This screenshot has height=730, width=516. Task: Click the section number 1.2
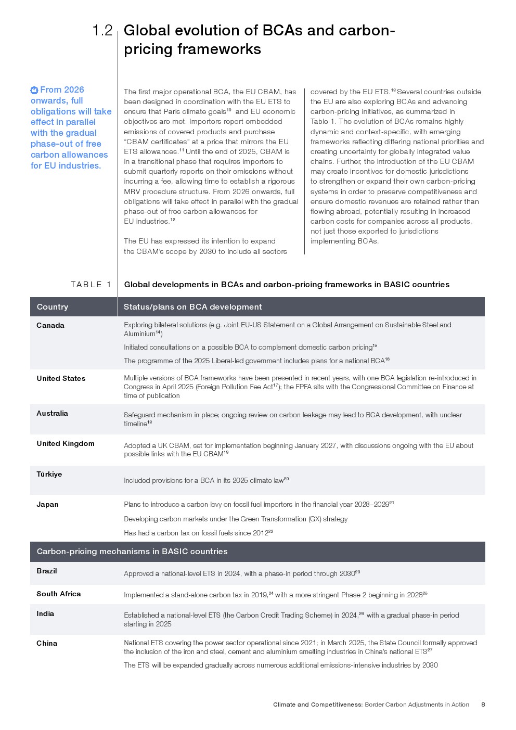[x=102, y=30]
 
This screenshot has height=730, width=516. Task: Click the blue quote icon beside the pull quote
[x=34, y=90]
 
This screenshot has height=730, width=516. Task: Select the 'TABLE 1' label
[x=91, y=285]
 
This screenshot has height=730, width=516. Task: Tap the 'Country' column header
[x=53, y=307]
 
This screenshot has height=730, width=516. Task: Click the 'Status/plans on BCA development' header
[x=192, y=307]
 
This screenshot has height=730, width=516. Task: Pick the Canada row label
[x=50, y=326]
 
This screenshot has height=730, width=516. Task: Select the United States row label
[x=61, y=379]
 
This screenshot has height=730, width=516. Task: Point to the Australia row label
[x=52, y=414]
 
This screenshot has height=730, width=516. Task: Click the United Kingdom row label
[x=66, y=444]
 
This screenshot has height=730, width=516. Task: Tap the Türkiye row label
[x=49, y=475]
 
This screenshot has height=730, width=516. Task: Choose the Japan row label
[x=47, y=505]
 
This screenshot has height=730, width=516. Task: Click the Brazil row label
[x=47, y=571]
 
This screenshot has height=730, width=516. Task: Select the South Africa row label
[x=59, y=594]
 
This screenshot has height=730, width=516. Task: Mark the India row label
[x=45, y=614]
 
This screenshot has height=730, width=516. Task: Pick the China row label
[x=47, y=644]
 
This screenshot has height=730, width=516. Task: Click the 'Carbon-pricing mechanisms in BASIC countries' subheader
[x=132, y=552]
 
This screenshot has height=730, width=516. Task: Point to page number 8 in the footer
[x=483, y=705]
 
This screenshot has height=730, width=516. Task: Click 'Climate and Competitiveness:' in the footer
[x=318, y=705]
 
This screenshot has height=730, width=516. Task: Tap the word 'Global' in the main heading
[x=147, y=30]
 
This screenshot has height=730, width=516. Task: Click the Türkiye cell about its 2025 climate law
[x=206, y=480]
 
